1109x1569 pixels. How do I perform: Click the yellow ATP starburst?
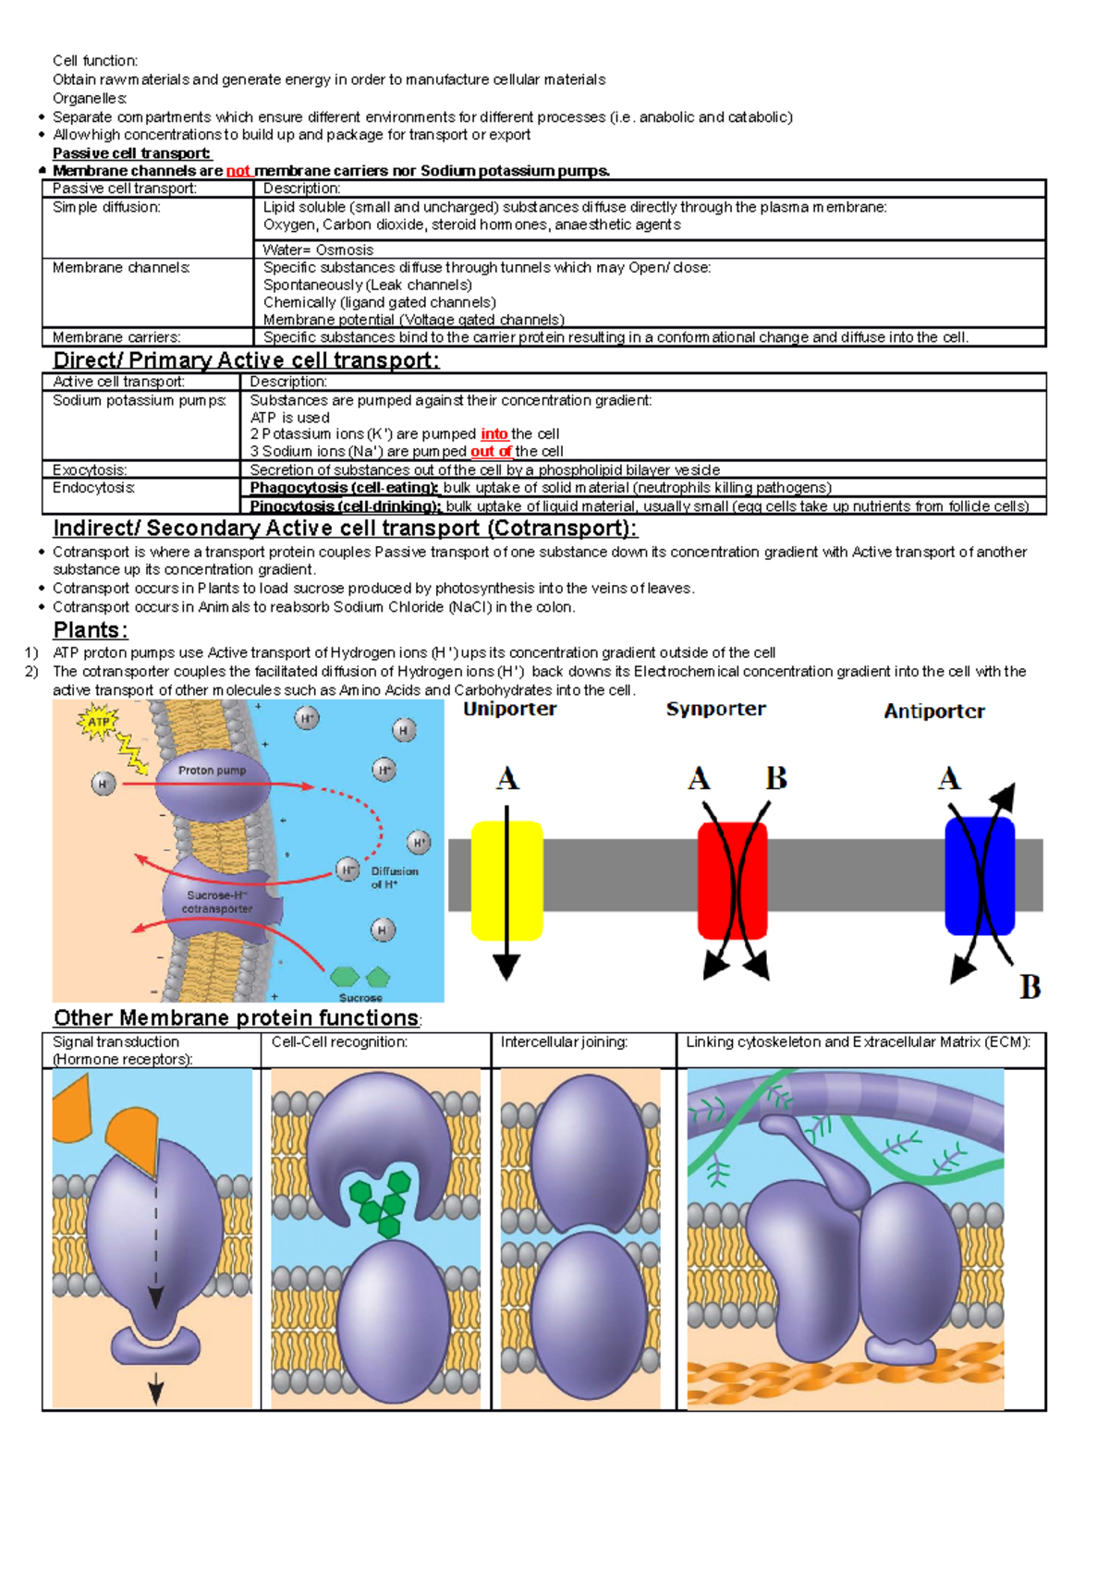coord(98,722)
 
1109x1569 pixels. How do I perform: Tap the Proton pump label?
coord(212,770)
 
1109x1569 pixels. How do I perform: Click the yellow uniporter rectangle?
coord(506,881)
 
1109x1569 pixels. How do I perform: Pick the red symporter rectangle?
coord(732,881)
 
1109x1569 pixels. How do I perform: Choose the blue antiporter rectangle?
coord(980,876)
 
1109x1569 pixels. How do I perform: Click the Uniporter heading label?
coord(509,709)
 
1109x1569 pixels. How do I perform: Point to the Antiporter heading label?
coord(933,712)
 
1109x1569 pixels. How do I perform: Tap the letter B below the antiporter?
coord(1030,987)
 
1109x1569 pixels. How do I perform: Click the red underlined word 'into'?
coord(494,434)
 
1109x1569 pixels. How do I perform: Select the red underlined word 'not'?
coord(238,171)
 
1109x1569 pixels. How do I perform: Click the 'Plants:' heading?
coord(90,630)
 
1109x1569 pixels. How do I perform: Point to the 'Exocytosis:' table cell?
coord(90,470)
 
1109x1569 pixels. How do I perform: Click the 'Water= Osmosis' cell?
coord(318,250)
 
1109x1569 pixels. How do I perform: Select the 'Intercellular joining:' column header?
coord(564,1042)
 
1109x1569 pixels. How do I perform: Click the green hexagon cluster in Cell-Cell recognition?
coord(380,1201)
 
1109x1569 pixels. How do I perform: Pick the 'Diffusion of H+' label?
coord(394,878)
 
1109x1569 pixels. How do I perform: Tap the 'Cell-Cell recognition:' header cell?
coord(339,1042)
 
